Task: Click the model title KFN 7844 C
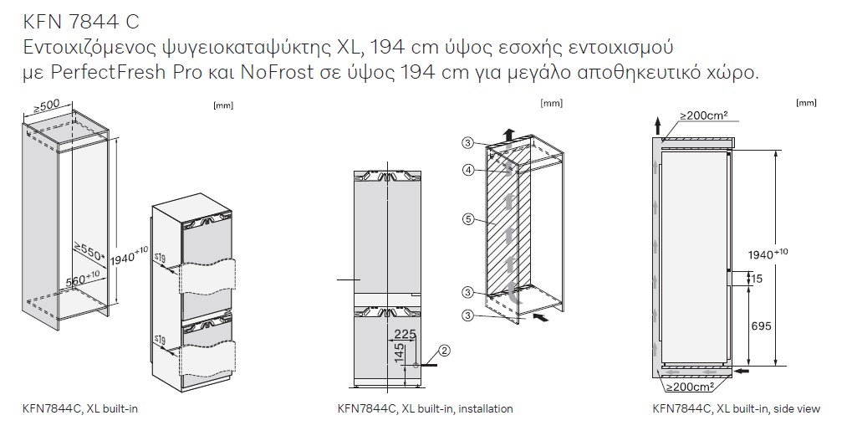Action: coord(81,22)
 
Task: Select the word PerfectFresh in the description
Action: coord(109,72)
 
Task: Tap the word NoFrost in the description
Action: coord(276,72)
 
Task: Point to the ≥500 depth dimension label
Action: coord(47,108)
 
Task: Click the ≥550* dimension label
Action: coord(89,252)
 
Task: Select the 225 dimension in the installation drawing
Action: coord(405,334)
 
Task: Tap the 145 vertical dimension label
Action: coord(400,353)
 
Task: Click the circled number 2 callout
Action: coord(445,351)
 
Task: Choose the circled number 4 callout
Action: coord(468,170)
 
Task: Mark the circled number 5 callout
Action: coord(468,220)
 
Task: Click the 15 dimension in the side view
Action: coord(757,279)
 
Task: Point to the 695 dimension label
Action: coord(760,326)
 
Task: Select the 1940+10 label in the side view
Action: coord(768,254)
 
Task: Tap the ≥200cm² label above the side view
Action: coord(704,115)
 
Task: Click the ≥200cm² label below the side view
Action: coord(690,387)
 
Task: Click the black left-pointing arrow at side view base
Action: coord(741,371)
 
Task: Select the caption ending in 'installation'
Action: coord(425,408)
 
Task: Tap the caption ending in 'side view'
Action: coord(737,408)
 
